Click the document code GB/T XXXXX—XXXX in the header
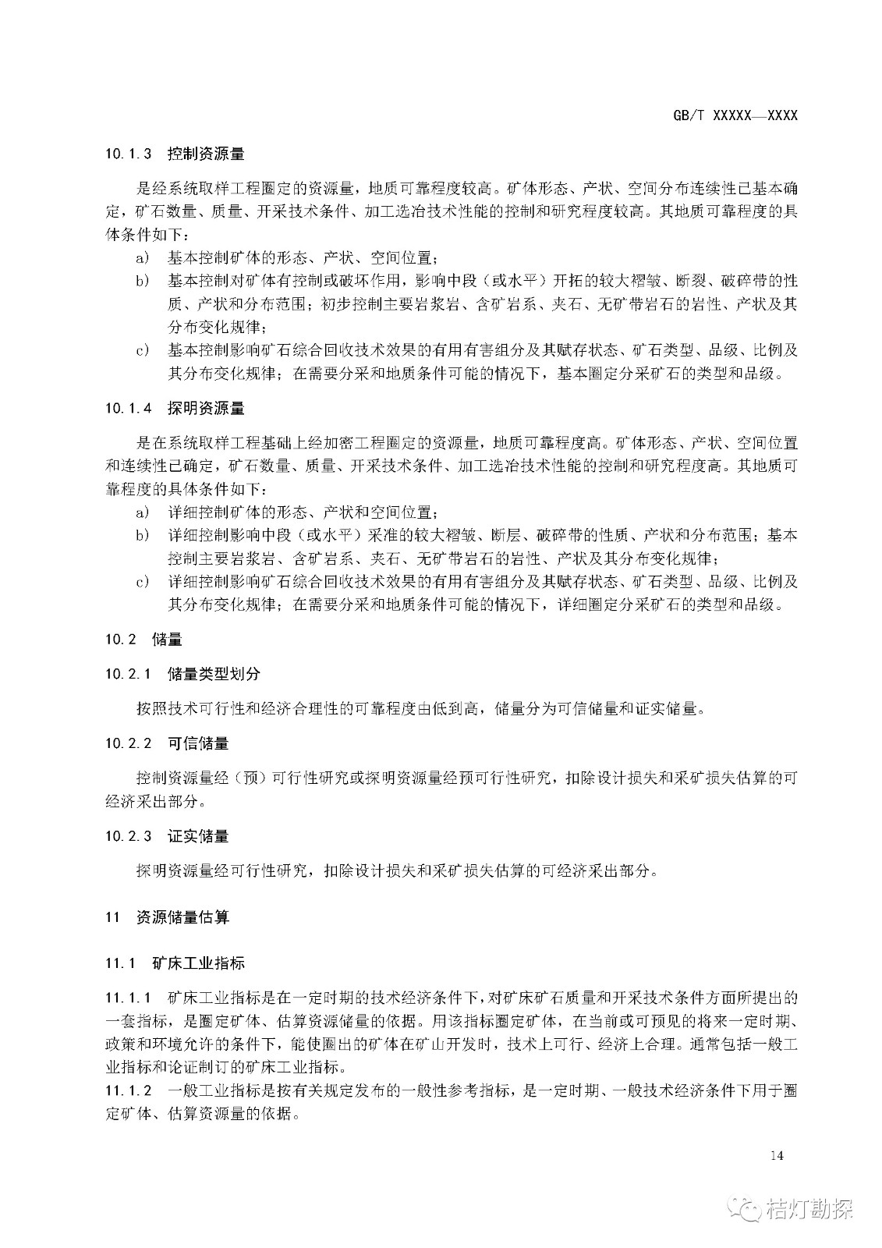pyautogui.click(x=735, y=115)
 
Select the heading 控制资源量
pyautogui.click(x=206, y=154)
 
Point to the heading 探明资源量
pyautogui.click(x=206, y=408)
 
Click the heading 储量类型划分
pyautogui.click(x=214, y=674)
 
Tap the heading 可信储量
pyautogui.click(x=198, y=743)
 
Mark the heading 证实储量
pyautogui.click(x=198, y=836)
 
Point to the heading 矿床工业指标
pyautogui.click(x=198, y=963)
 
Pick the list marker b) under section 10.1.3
pyautogui.click(x=142, y=281)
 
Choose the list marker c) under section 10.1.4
pyautogui.click(x=142, y=582)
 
